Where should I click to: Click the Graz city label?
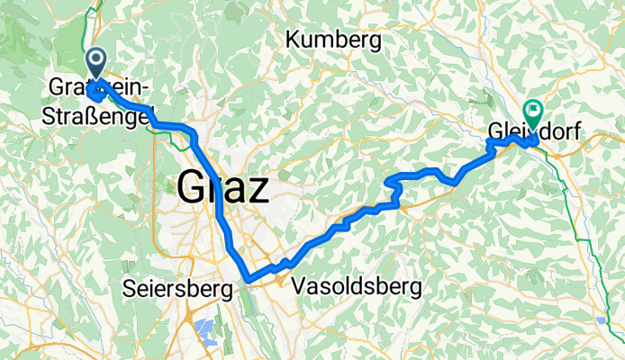223,189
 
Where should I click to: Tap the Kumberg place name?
333,40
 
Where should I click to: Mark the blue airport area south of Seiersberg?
204,330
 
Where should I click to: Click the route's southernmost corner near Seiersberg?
249,279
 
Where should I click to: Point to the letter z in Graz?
258,191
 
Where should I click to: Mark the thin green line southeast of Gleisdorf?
577,216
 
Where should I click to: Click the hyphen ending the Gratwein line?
149,87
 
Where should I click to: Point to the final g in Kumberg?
374,42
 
